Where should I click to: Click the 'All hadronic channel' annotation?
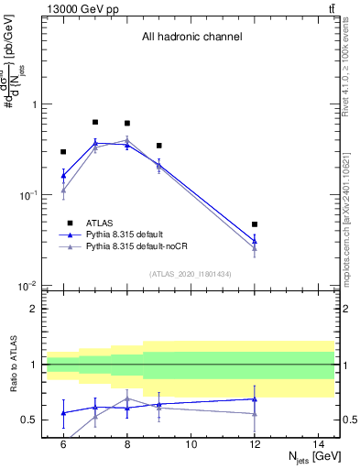point(191,38)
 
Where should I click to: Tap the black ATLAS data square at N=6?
point(63,152)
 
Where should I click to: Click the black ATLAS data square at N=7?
point(95,122)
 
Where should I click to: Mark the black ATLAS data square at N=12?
point(255,224)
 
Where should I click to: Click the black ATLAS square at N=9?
point(159,146)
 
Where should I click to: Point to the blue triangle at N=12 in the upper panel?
point(255,241)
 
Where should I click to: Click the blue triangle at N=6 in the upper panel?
point(63,175)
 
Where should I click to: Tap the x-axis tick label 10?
point(191,444)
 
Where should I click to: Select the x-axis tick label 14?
point(318,444)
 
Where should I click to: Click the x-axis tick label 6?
point(63,444)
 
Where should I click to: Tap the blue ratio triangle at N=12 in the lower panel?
point(255,398)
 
